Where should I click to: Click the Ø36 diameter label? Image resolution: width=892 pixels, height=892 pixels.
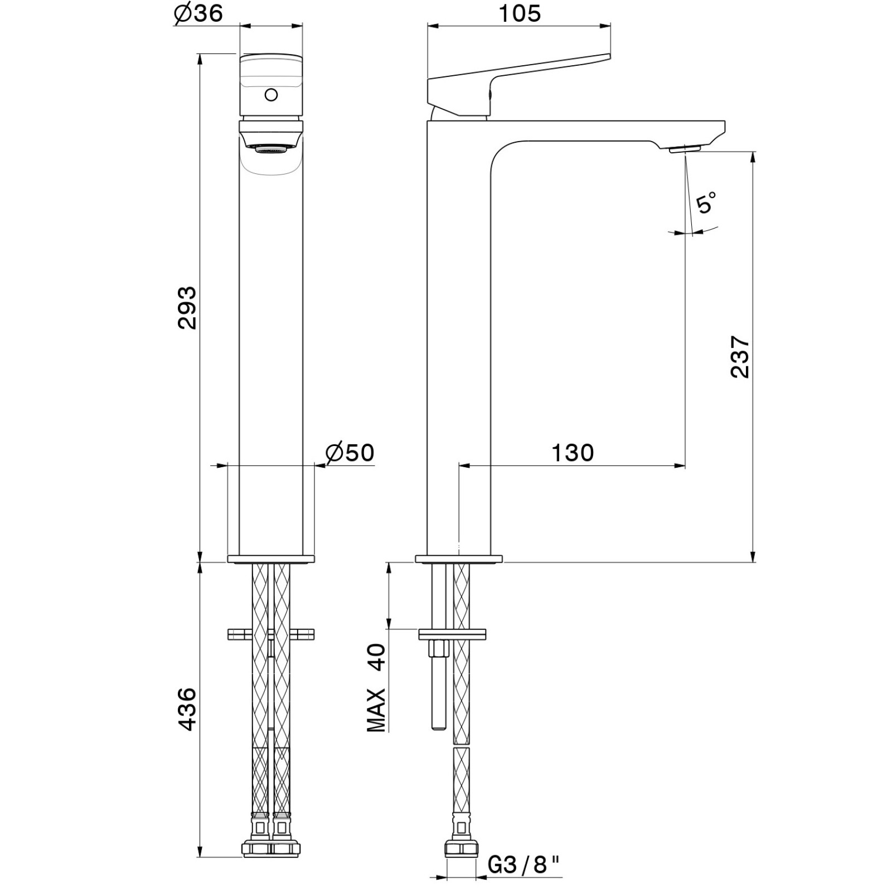pyautogui.click(x=198, y=13)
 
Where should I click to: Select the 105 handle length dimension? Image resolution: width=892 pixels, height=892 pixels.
pyautogui.click(x=519, y=13)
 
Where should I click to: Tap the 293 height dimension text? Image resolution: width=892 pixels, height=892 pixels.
pyautogui.click(x=187, y=308)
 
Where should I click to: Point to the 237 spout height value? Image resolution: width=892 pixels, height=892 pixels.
pyautogui.click(x=740, y=357)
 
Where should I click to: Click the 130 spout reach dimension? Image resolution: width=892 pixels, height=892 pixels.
pyautogui.click(x=573, y=453)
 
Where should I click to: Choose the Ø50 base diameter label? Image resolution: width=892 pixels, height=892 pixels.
pyautogui.click(x=350, y=453)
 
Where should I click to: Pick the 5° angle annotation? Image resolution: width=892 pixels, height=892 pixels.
pyautogui.click(x=706, y=202)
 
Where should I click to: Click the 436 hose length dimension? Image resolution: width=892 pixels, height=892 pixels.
pyautogui.click(x=187, y=709)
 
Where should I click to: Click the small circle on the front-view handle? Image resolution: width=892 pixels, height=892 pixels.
pyautogui.click(x=271, y=95)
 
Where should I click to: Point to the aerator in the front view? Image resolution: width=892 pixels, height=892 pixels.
pyautogui.click(x=271, y=148)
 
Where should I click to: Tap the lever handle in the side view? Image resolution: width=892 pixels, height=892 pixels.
pyautogui.click(x=518, y=78)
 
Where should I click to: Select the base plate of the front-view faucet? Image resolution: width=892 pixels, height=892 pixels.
pyautogui.click(x=271, y=559)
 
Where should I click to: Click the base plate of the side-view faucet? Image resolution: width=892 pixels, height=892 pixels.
pyautogui.click(x=459, y=559)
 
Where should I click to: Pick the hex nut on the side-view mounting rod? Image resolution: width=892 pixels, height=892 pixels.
pyautogui.click(x=438, y=650)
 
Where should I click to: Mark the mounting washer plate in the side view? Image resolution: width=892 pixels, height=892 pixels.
pyautogui.click(x=452, y=634)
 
